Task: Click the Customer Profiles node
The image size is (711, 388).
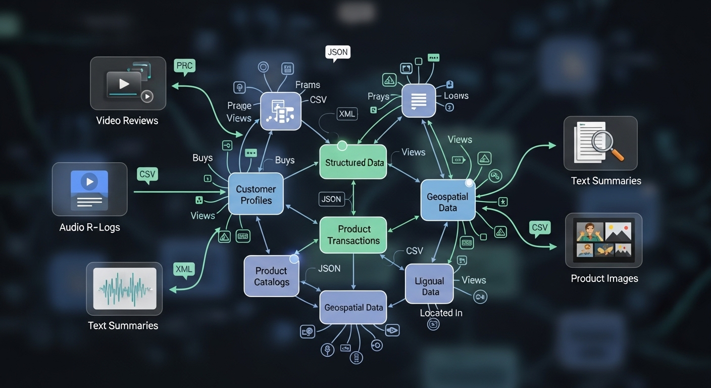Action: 256,195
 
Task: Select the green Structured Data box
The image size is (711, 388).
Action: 353,162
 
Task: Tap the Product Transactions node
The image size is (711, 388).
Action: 353,235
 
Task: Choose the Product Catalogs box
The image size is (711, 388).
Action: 272,276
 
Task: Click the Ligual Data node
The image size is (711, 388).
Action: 430,286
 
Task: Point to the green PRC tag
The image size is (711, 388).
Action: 184,66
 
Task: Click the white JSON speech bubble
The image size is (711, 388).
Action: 338,53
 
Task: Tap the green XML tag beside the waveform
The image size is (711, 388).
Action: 183,269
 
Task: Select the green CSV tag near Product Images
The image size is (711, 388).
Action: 539,228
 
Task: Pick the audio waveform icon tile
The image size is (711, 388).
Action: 124,288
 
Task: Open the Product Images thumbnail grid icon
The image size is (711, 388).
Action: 603,239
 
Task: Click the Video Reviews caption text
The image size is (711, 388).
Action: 127,121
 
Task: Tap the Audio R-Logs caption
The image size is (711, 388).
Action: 90,227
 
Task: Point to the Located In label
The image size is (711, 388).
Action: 441,313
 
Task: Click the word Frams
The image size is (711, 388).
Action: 308,85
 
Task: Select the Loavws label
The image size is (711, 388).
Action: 456,95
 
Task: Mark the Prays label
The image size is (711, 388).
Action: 379,96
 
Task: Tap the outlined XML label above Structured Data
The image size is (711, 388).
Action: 347,114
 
